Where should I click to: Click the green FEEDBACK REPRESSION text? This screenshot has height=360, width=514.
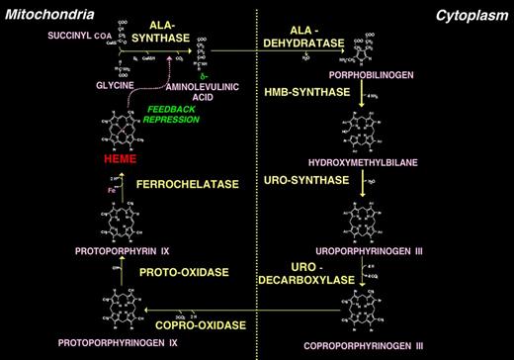(x=165, y=117)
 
